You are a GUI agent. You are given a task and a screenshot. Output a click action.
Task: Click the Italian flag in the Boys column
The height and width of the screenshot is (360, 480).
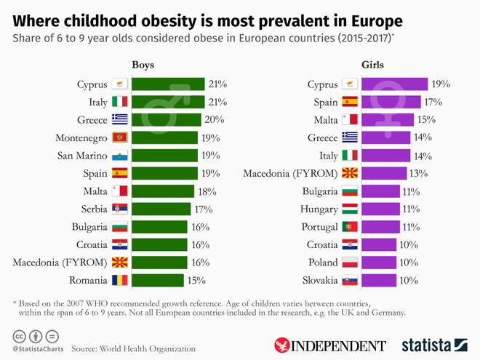point(119,102)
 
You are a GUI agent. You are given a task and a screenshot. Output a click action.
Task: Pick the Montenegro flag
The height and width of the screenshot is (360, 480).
point(119,137)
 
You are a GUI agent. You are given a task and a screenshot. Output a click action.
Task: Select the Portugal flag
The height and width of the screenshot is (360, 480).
point(350,227)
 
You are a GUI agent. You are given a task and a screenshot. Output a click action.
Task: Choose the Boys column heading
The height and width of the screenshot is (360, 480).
point(143,65)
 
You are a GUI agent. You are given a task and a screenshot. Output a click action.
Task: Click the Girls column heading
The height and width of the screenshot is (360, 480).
point(372,65)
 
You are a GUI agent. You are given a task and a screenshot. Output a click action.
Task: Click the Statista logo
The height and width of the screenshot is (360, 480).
point(434,344)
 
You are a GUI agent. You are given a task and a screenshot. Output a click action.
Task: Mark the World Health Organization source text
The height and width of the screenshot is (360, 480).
point(133,349)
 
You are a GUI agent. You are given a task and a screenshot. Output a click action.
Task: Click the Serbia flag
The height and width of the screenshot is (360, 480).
point(119,209)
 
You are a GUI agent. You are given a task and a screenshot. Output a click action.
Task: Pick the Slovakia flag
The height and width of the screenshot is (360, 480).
point(350,280)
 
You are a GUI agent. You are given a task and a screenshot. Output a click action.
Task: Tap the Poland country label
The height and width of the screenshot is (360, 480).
point(323,262)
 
